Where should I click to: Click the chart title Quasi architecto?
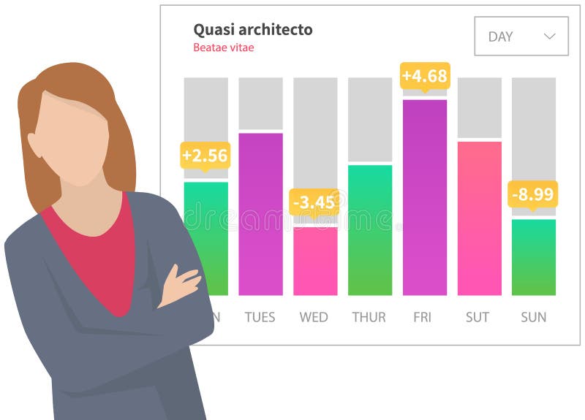(252, 30)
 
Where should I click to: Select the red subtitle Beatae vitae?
(224, 48)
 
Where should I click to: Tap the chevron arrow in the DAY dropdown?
(550, 37)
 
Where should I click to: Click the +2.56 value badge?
(205, 156)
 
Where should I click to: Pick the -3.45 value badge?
(314, 202)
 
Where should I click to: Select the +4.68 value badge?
(425, 76)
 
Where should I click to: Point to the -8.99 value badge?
(532, 194)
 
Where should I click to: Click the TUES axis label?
(260, 317)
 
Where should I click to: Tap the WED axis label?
(314, 317)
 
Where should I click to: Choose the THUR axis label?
(369, 317)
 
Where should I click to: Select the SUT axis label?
(479, 317)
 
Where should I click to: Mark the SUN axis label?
(533, 317)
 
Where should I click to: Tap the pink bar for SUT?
(479, 218)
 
